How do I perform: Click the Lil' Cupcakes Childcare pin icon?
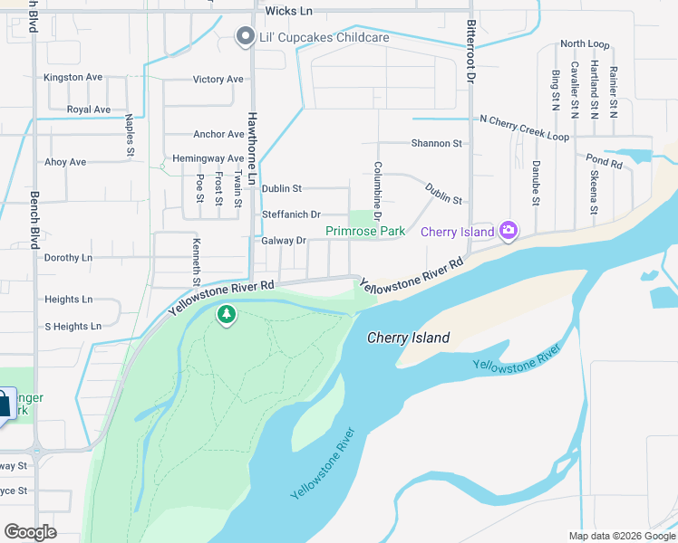244,37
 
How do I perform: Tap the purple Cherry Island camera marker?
508,232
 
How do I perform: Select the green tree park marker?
226,315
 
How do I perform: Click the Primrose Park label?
365,232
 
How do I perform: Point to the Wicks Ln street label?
288,11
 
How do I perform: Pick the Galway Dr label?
284,241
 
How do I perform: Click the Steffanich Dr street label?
291,214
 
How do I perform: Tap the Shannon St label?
436,143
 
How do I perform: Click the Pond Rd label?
604,163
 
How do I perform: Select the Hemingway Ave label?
208,158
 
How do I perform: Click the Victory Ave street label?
218,80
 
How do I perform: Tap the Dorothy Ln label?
68,258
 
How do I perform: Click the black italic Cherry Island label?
408,338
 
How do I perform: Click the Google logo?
30,532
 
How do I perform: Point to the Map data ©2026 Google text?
621,536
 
